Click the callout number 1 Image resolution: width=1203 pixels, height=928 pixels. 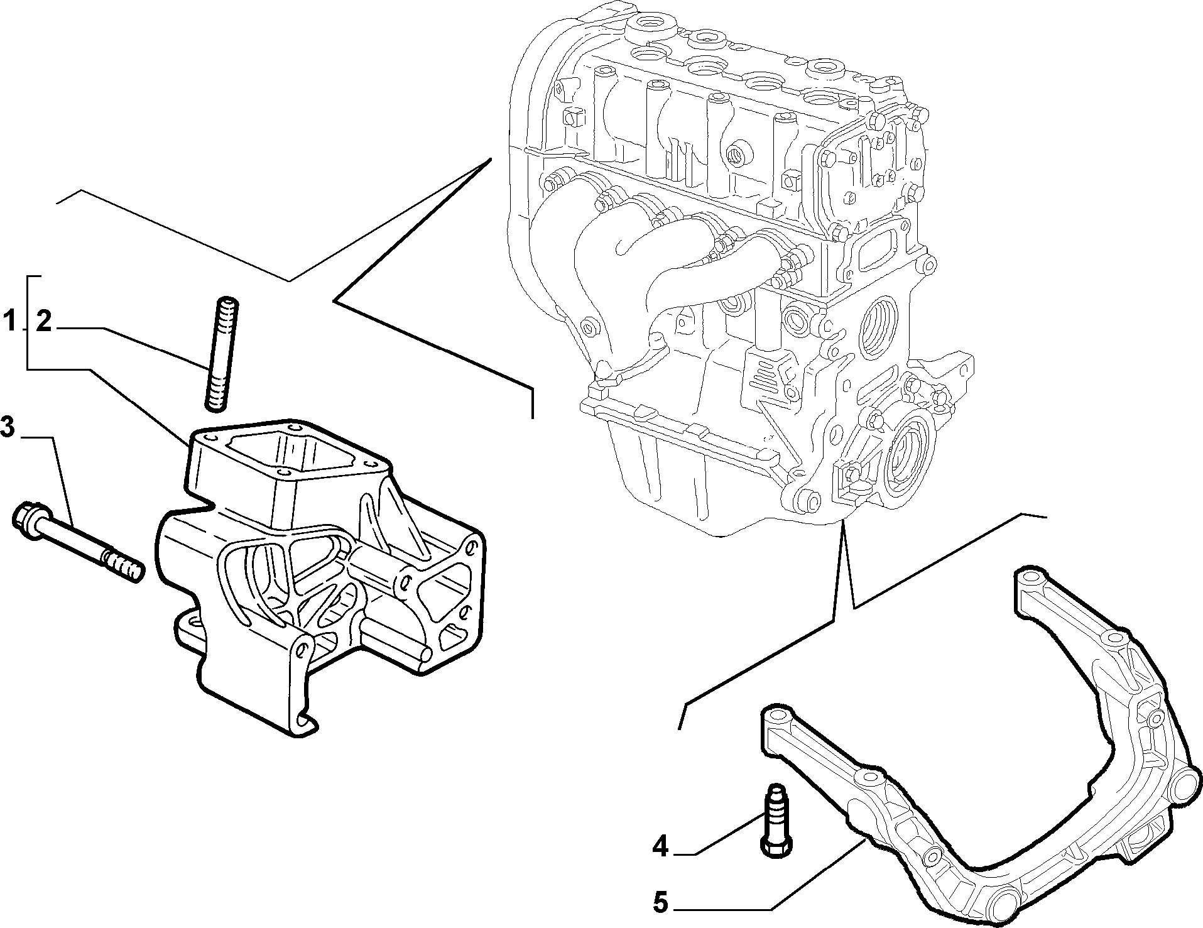pos(9,323)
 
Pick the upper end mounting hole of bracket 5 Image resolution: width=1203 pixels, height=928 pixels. pos(1029,577)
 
